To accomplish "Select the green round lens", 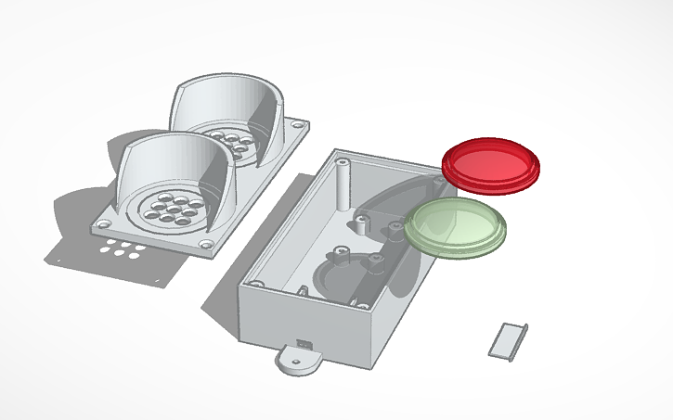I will pyautogui.click(x=455, y=224).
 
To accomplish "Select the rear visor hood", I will pyautogui.click(x=228, y=102).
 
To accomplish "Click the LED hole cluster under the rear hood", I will pyautogui.click(x=228, y=143).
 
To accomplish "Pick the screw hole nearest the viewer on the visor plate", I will pyautogui.click(x=205, y=246).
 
